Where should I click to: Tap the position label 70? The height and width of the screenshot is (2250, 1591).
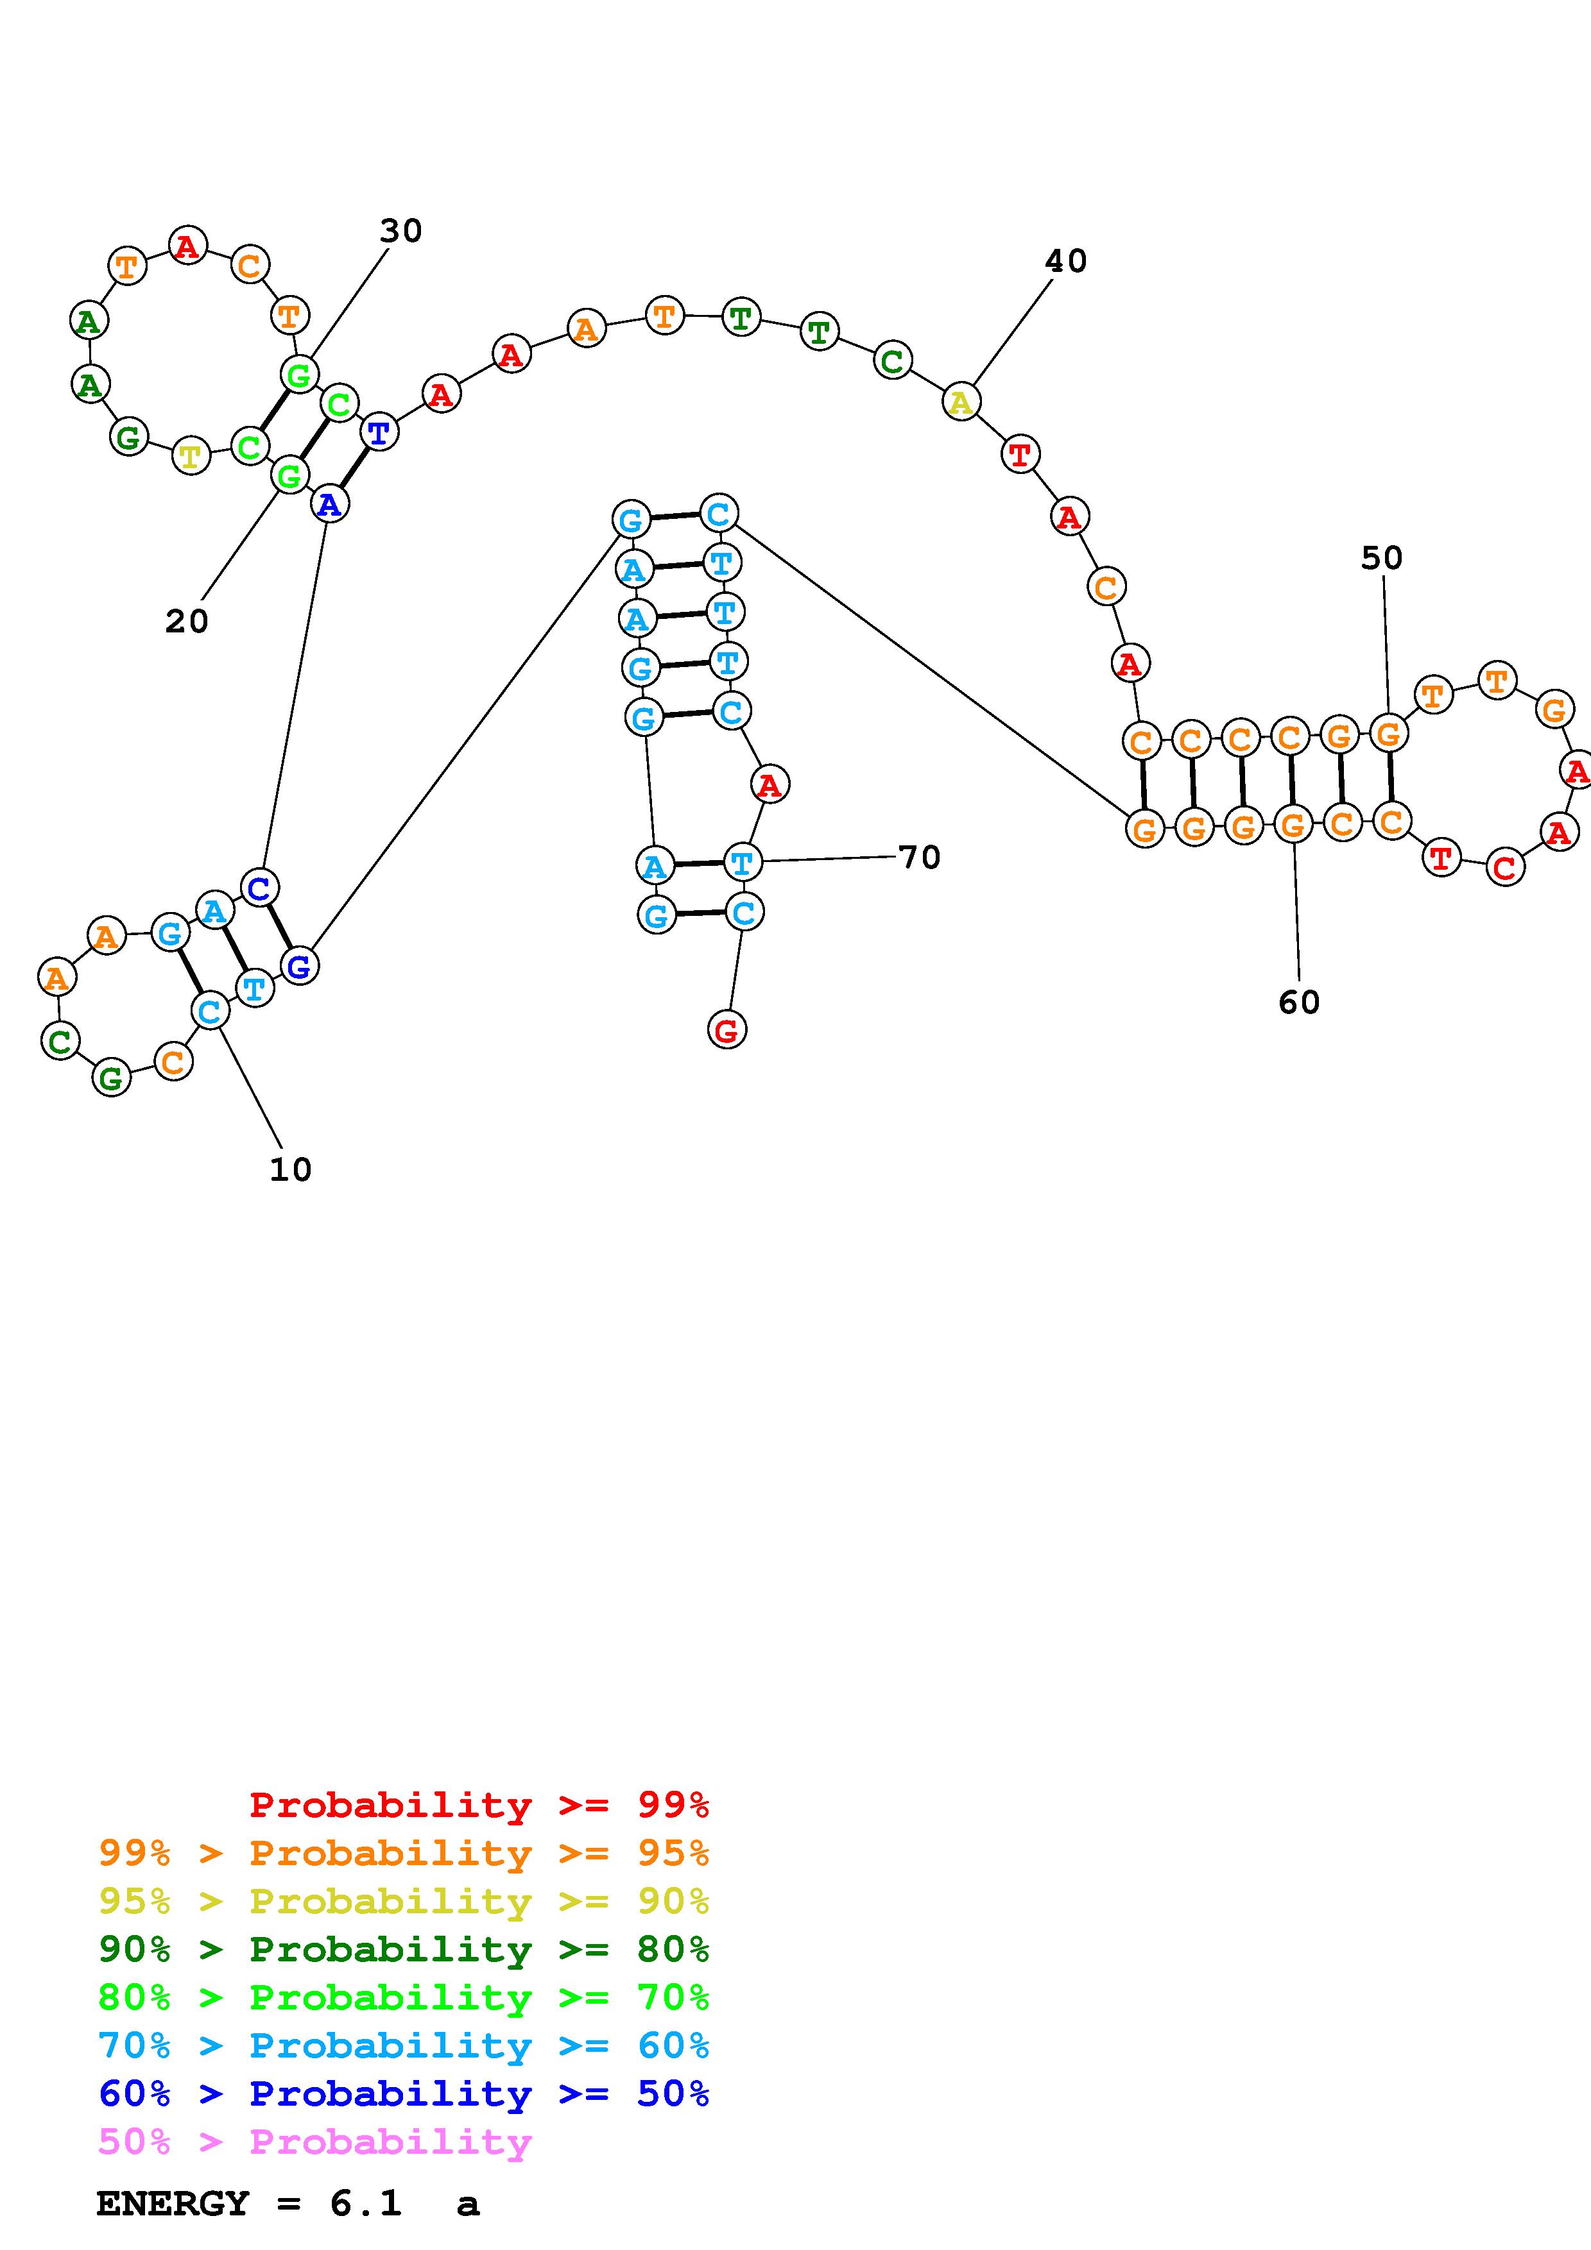(920, 858)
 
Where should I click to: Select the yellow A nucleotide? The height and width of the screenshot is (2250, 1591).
(961, 402)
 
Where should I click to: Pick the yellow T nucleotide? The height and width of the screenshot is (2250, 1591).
(191, 455)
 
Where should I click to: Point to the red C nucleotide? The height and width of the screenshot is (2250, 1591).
(1505, 867)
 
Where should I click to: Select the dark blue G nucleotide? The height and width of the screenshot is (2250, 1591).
(299, 966)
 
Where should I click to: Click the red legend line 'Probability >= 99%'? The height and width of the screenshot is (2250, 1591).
(479, 1805)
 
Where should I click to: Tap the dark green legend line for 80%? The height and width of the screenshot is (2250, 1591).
(404, 1949)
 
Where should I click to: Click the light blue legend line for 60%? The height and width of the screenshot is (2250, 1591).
(404, 2045)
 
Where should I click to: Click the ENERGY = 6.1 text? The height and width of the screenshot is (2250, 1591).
(249, 2203)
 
